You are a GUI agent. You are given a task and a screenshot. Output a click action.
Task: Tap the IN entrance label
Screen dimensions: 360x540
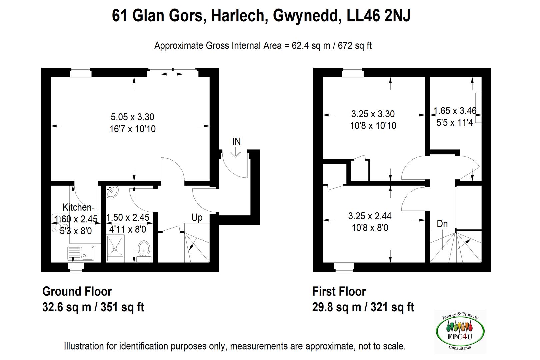[x=236, y=142]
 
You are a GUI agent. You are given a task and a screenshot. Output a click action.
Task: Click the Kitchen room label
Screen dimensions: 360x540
[x=77, y=207]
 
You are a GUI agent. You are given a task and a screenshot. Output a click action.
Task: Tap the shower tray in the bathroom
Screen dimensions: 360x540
[x=115, y=248]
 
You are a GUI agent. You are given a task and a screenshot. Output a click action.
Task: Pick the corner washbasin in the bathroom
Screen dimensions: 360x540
[x=112, y=192]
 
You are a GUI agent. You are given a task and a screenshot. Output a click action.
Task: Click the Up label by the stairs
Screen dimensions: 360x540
[x=197, y=218]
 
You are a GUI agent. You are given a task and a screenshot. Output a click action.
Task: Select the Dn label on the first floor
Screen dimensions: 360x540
[x=442, y=224]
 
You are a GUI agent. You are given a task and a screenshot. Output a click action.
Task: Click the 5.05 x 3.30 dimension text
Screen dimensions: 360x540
[x=132, y=117]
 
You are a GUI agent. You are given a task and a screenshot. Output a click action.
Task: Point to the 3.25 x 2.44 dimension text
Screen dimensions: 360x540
[x=370, y=216]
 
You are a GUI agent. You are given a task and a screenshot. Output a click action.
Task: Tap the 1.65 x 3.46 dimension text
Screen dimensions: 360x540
[x=455, y=111]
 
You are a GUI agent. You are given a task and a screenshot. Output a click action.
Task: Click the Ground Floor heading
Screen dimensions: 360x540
[x=77, y=291]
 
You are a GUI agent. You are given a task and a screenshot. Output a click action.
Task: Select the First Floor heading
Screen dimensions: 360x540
[x=339, y=291]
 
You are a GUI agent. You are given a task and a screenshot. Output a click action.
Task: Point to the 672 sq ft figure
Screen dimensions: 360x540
[x=355, y=46]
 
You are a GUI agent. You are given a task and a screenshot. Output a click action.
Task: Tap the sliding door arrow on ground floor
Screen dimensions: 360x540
[x=172, y=74]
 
